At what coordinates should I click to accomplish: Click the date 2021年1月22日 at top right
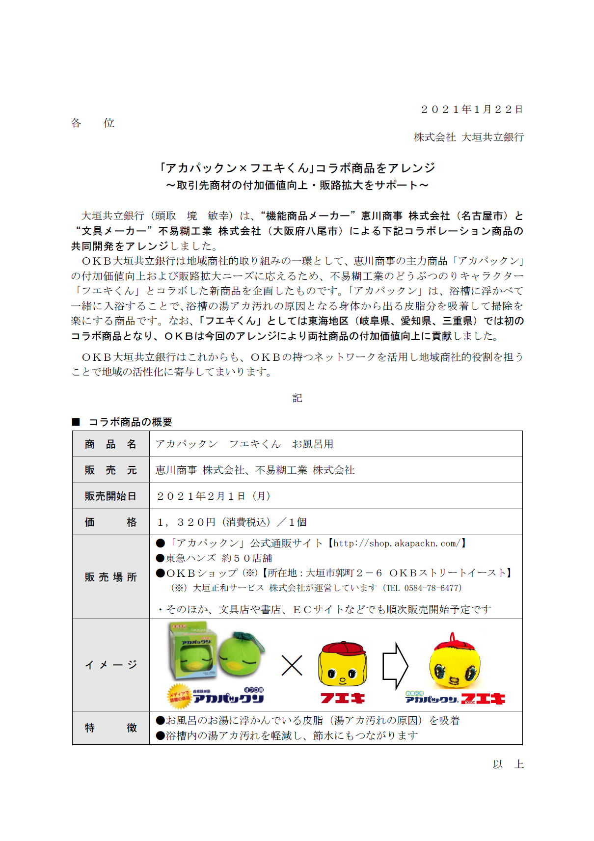(472, 109)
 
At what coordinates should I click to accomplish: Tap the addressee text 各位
(93, 123)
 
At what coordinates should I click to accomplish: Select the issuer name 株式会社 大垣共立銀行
(468, 137)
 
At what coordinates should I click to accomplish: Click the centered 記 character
(297, 398)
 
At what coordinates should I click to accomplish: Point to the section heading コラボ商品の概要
(130, 422)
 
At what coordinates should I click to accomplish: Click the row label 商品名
(110, 444)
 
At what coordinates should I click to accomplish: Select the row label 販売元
(110, 470)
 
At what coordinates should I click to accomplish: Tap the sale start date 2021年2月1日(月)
(213, 496)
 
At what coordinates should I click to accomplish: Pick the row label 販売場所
(110, 577)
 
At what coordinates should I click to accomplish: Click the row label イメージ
(110, 665)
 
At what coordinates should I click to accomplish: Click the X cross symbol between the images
(292, 665)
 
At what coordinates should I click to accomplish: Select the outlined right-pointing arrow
(395, 666)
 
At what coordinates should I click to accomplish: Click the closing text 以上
(508, 764)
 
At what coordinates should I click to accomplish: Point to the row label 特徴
(110, 728)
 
